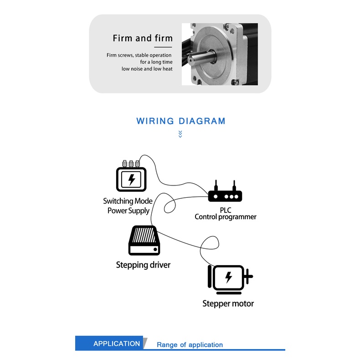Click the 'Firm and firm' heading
(x=143, y=38)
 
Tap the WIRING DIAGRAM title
(x=181, y=121)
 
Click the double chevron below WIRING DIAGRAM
(x=180, y=134)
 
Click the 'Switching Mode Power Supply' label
(x=128, y=206)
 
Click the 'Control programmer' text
(x=226, y=217)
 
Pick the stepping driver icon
(x=144, y=240)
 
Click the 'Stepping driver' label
(x=143, y=265)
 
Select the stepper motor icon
(x=230, y=277)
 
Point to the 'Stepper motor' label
(x=228, y=303)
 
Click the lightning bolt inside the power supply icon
(x=132, y=180)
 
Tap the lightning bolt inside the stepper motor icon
(x=229, y=277)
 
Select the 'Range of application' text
(x=190, y=345)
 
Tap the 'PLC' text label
(x=226, y=210)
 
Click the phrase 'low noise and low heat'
(x=147, y=69)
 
